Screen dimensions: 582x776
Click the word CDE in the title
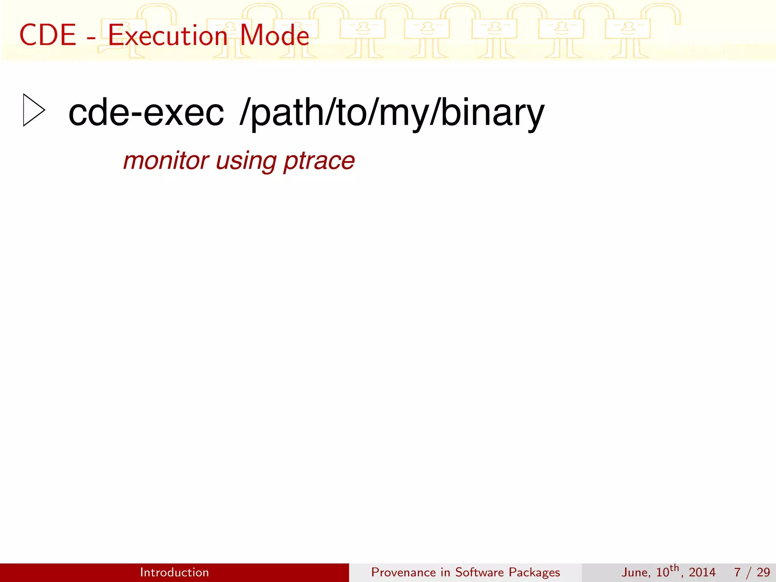[x=48, y=35]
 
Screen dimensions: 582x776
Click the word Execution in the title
[x=167, y=35]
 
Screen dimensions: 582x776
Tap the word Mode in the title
[x=275, y=35]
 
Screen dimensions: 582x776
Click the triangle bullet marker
[x=33, y=110]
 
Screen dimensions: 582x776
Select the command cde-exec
[x=146, y=113]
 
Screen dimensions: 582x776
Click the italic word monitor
[x=166, y=161]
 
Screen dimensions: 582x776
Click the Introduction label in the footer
[x=174, y=572]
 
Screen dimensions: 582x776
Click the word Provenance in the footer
[x=403, y=572]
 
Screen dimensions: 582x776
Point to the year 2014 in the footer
[x=702, y=572]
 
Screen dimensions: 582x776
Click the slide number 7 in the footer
[x=737, y=572]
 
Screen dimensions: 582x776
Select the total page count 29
[x=763, y=572]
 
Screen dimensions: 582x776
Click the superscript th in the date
[x=674, y=568]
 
